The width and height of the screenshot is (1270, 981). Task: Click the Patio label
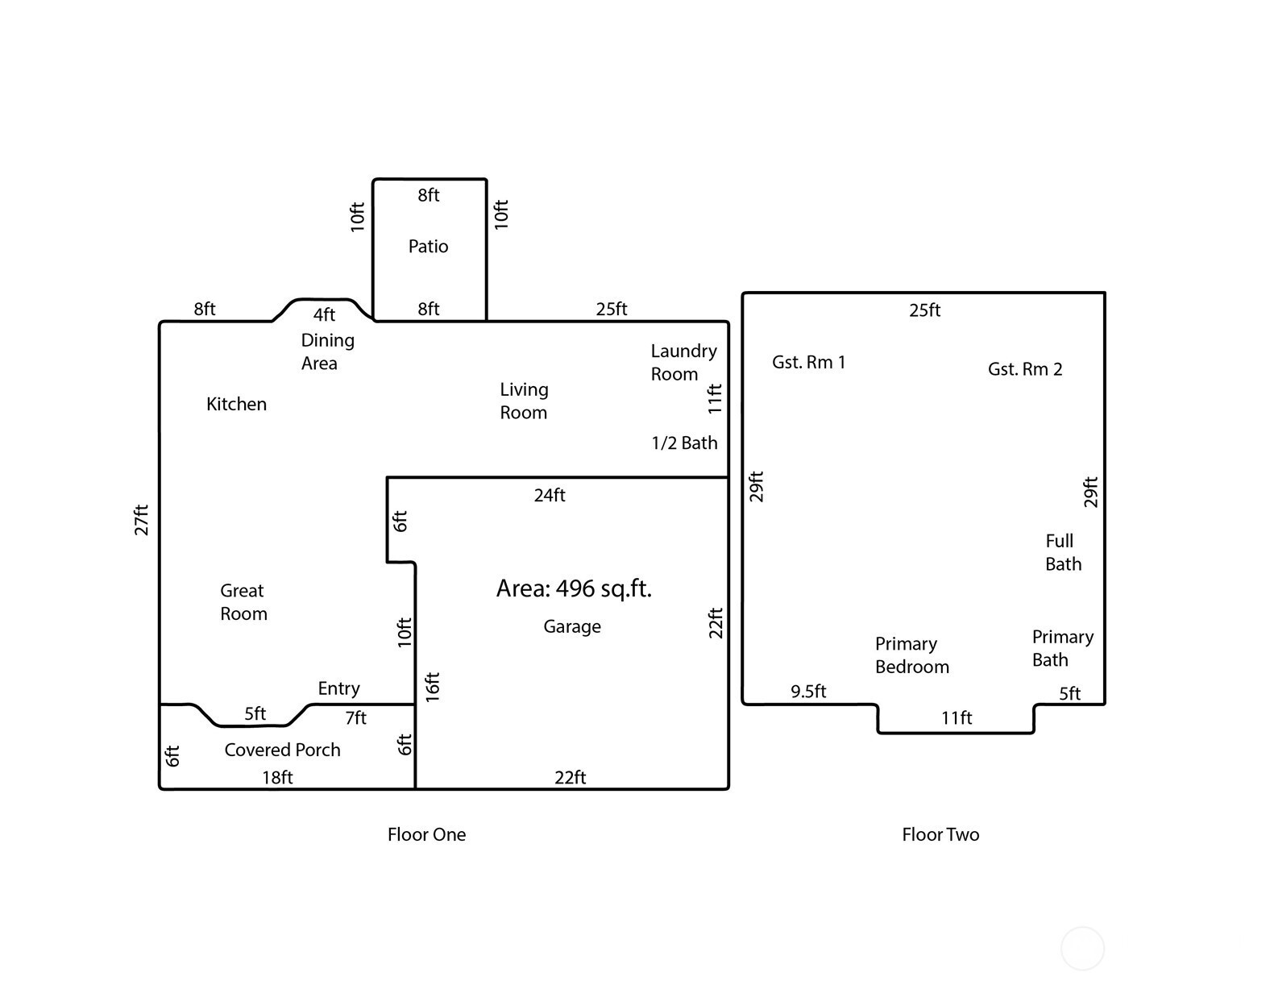pos(428,246)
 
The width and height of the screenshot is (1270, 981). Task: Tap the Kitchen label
pos(236,404)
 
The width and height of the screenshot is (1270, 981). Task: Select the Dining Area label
pos(327,352)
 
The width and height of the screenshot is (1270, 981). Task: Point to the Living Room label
pos(524,401)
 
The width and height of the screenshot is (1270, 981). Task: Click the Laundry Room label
pos(684,363)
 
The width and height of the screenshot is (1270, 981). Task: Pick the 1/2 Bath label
pos(684,443)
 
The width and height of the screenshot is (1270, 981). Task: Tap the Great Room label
pos(243,602)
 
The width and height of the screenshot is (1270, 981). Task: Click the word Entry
pos(338,688)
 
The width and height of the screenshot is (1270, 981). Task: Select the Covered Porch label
pos(282,750)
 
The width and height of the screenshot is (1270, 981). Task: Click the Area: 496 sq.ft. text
pos(574,588)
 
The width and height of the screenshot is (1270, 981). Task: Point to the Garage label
pos(571,626)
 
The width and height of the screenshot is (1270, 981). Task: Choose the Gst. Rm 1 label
pos(808,363)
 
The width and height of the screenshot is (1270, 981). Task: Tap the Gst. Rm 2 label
pos(1024,369)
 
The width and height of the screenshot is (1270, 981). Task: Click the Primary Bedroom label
pos(911,655)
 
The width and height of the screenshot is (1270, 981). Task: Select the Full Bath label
pos(1063,552)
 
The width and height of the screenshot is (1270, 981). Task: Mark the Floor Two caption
pos(940,834)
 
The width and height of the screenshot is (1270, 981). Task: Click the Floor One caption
pos(426,834)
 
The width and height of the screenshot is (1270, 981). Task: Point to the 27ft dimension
pos(142,520)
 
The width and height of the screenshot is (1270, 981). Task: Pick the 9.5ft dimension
pos(808,692)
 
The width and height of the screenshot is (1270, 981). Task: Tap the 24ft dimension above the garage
pos(550,495)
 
